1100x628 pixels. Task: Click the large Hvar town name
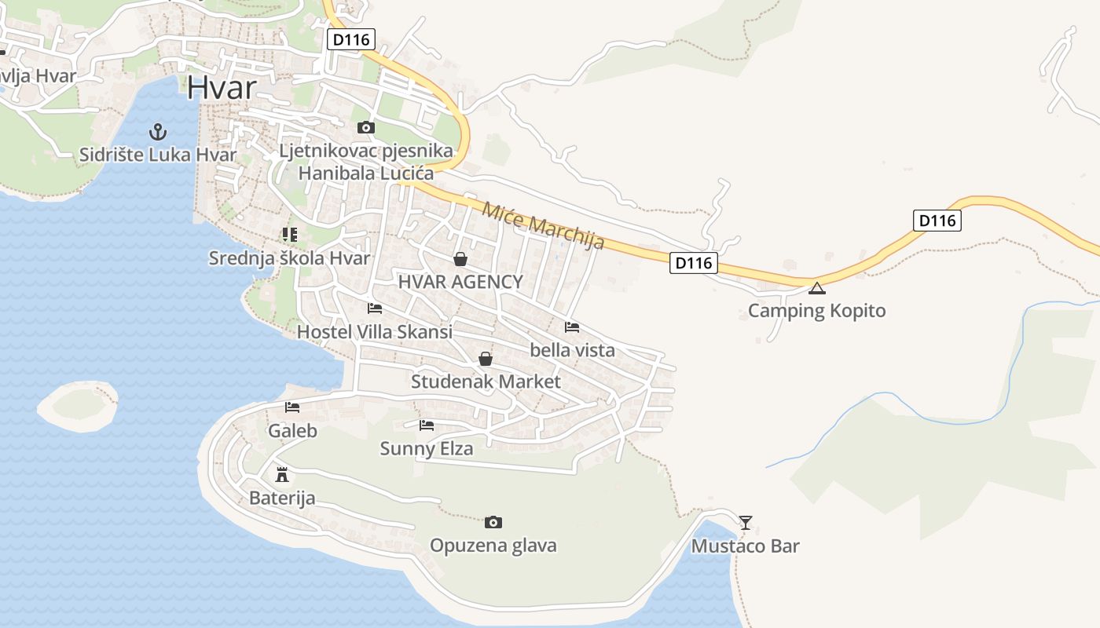coord(222,87)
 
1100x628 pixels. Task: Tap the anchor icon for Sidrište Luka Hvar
coord(158,131)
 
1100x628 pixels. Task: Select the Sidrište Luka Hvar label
coord(157,155)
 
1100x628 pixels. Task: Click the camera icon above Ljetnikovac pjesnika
coord(365,127)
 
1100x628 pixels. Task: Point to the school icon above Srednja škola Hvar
coord(290,234)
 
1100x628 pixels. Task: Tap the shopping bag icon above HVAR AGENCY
coord(460,259)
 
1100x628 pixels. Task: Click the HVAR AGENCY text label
coord(460,282)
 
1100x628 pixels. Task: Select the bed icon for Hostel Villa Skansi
coord(375,309)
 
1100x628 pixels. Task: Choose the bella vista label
coord(572,350)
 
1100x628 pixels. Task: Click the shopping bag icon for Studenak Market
coord(486,360)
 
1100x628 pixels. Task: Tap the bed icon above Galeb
coord(292,407)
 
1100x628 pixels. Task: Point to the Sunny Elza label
coord(427,449)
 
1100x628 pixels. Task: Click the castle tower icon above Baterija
coord(281,475)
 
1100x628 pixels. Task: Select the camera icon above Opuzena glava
coord(493,522)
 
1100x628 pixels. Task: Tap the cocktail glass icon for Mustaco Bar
coord(746,522)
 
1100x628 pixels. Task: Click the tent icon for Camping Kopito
coord(817,288)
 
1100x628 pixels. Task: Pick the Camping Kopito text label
coord(816,311)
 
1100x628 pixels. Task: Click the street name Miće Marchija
coord(543,225)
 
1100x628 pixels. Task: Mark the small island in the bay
coord(78,405)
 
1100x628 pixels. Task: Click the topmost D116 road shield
coord(351,39)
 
